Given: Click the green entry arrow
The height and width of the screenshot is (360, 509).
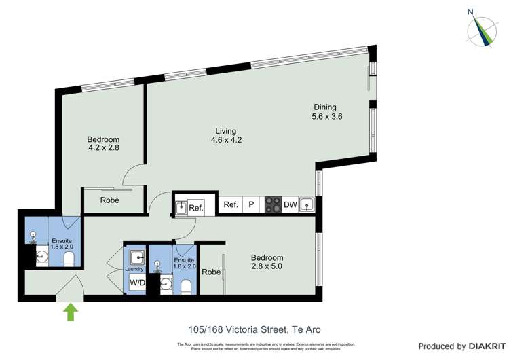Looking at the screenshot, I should [x=70, y=312].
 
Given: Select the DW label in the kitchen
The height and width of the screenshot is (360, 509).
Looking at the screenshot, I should [x=290, y=205].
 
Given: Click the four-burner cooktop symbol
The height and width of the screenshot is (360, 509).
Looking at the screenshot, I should [x=272, y=205].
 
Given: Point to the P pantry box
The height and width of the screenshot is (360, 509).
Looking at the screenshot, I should [x=250, y=205].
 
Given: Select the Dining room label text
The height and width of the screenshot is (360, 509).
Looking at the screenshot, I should [x=324, y=107].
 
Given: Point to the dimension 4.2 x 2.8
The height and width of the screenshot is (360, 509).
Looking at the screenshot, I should [x=103, y=147].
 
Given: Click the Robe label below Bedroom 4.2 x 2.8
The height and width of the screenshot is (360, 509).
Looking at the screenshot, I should [x=110, y=200].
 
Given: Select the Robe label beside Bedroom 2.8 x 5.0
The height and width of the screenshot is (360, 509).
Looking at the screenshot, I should [x=211, y=272].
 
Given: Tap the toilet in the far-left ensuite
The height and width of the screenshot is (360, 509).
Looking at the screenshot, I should [x=68, y=260].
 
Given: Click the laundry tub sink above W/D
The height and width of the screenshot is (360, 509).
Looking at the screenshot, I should [x=136, y=257].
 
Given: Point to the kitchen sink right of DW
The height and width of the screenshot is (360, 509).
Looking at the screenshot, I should [x=307, y=204].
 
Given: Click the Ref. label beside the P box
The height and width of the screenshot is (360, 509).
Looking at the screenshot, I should [x=230, y=205].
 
